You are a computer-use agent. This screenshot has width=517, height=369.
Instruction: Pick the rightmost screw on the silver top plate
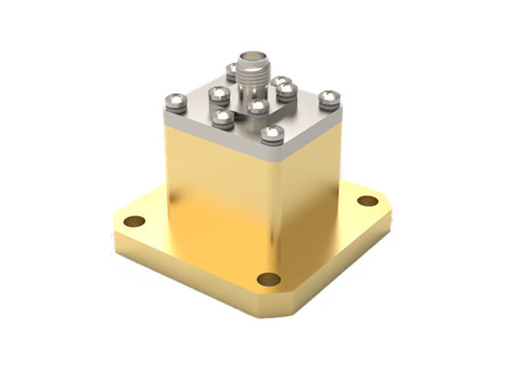[329, 98]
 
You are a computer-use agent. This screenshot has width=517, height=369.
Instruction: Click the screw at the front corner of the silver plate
[271, 135]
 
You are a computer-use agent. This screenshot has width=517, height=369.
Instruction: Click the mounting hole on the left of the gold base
[135, 221]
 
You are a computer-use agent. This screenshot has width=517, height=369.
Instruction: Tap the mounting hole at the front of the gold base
[269, 279]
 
